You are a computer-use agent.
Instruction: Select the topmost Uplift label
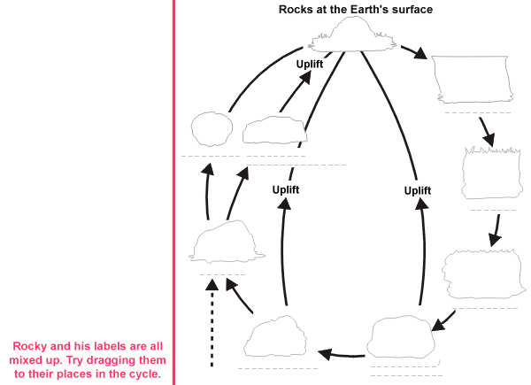click(313, 64)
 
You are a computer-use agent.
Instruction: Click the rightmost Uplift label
click(417, 190)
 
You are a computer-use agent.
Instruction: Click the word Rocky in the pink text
click(32, 346)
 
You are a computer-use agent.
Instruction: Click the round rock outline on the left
click(211, 131)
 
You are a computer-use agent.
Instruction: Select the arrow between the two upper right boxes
click(484, 131)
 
